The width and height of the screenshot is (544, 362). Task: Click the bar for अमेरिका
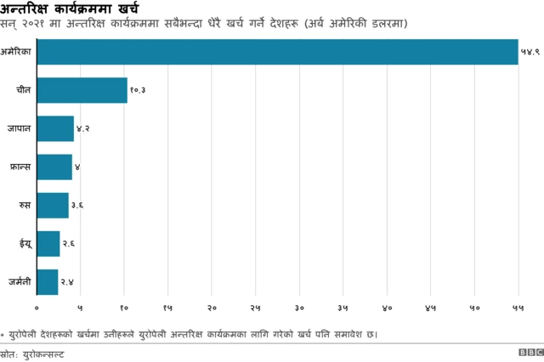(x=277, y=52)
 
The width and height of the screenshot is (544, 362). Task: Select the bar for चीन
(x=82, y=90)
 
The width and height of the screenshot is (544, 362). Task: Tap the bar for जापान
(x=55, y=128)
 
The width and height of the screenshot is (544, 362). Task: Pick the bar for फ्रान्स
(x=54, y=167)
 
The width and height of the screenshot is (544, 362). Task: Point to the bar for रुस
(x=53, y=205)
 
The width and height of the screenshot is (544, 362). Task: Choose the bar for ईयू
(x=48, y=243)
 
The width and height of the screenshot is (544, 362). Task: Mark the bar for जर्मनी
(x=48, y=281)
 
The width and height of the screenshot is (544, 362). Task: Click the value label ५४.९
(x=530, y=52)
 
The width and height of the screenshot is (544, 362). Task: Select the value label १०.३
(x=139, y=90)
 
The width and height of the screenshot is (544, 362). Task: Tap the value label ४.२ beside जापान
(x=83, y=128)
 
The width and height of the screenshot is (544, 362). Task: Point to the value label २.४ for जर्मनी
(x=67, y=281)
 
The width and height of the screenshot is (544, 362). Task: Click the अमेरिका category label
(x=17, y=52)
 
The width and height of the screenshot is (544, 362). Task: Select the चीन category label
(x=25, y=90)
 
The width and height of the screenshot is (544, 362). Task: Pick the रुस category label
(x=26, y=205)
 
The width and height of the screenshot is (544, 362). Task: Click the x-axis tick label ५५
(x=518, y=307)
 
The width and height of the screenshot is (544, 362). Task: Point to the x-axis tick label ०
(x=37, y=307)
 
